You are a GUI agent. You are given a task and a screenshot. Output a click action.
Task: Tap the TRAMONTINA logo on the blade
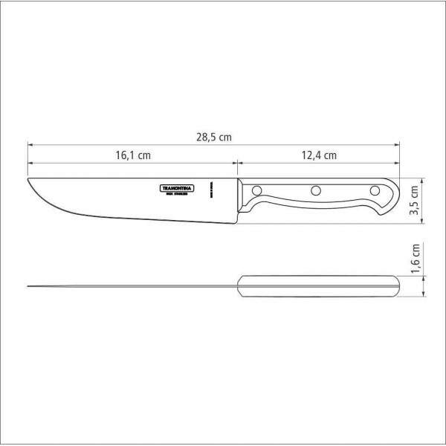pyautogui.click(x=177, y=189)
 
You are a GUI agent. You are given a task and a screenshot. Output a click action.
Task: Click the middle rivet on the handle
pyautogui.click(x=315, y=190)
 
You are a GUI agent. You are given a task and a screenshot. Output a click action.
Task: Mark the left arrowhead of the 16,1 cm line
pyautogui.click(x=30, y=164)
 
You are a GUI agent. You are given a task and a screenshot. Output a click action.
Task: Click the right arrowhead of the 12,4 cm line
pyautogui.click(x=398, y=164)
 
